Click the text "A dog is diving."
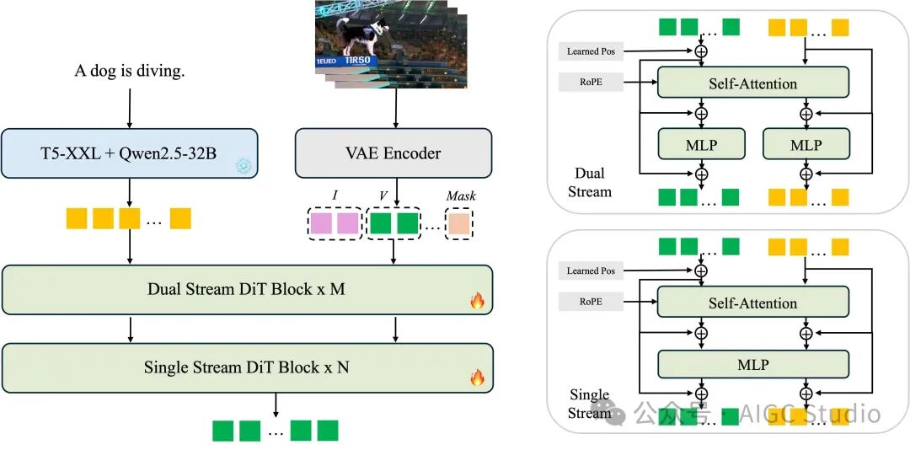[x=129, y=71]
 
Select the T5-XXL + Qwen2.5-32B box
[x=129, y=153]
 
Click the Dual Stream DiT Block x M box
[x=246, y=289]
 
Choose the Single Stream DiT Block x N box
[x=246, y=367]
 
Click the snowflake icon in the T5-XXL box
[x=244, y=166]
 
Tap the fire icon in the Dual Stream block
[x=477, y=301]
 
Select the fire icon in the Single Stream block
[x=477, y=378]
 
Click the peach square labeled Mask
[x=460, y=223]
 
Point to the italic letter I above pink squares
[x=335, y=196]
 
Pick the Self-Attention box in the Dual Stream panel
[x=752, y=83]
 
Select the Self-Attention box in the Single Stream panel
[x=752, y=303]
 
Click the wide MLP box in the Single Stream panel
[x=752, y=365]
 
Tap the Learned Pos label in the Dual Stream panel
[x=591, y=51]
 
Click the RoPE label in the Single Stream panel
[x=591, y=301]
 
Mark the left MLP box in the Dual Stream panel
[x=701, y=145]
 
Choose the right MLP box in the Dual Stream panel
[x=806, y=145]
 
